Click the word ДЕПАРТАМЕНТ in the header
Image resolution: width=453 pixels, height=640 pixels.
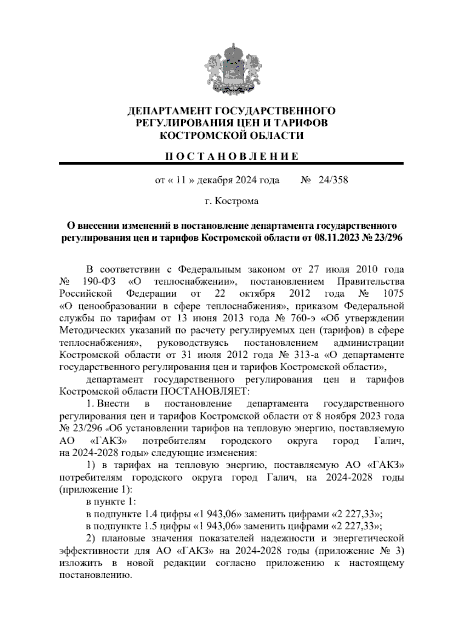click(169, 111)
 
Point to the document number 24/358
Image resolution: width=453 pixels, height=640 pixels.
click(333, 180)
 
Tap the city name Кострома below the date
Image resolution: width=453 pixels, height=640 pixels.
click(237, 201)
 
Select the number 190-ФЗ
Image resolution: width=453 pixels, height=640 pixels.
click(97, 282)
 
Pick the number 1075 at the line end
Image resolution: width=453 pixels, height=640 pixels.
click(393, 294)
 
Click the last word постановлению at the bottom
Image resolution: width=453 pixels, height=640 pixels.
click(96, 575)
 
